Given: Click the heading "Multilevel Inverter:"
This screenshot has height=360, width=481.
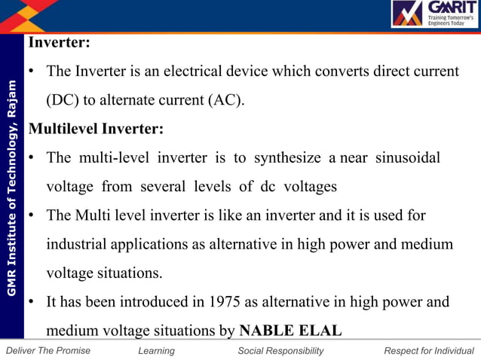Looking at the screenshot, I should click(x=95, y=128).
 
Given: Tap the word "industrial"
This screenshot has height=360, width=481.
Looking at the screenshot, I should click(x=78, y=245).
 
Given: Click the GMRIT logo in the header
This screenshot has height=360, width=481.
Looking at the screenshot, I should click(x=432, y=14).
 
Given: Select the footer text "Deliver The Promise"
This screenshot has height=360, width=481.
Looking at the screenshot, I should click(x=47, y=351).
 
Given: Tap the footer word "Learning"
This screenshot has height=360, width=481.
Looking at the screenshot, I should click(x=157, y=351).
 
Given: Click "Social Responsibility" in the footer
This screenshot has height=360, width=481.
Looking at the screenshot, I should click(x=280, y=351).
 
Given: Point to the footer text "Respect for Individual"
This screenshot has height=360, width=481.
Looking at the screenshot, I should click(x=429, y=351).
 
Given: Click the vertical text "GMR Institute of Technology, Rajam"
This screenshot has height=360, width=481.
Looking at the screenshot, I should click(x=11, y=196).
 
